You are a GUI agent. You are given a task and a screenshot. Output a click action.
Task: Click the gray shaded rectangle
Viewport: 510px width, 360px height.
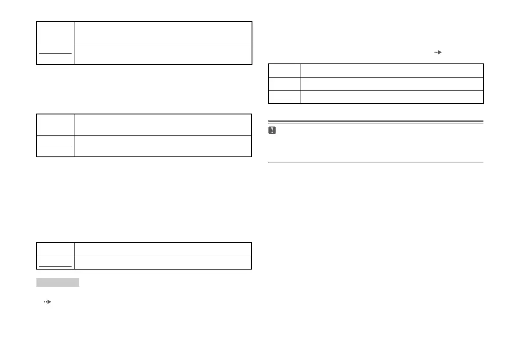58,282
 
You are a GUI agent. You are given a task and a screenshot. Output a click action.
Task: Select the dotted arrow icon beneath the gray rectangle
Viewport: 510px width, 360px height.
47,302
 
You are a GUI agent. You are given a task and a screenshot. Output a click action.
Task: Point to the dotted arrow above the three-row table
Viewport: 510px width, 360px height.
438,52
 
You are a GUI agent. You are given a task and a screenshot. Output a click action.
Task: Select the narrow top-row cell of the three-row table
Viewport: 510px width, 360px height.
284,70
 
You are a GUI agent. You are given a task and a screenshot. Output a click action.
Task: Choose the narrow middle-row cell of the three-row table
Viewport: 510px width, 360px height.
284,84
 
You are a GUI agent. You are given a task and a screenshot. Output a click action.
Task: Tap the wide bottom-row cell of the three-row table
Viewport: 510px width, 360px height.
391,97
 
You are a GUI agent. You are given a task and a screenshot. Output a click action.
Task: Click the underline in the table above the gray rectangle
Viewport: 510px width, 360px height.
55,266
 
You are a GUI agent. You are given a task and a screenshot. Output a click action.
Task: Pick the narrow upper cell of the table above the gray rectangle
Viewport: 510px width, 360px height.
55,249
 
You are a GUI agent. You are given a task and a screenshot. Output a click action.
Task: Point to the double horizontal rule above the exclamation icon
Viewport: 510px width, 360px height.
376,122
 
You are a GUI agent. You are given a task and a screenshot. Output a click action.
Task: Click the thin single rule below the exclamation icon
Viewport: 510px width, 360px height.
376,162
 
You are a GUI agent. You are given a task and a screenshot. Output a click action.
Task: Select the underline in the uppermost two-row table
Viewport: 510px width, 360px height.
55,53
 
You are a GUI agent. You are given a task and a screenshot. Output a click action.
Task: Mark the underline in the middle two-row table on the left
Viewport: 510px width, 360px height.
55,145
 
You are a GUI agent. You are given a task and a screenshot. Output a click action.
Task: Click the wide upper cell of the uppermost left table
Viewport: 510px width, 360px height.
163,32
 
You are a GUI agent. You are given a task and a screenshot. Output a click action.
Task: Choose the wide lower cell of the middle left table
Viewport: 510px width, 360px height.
163,146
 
